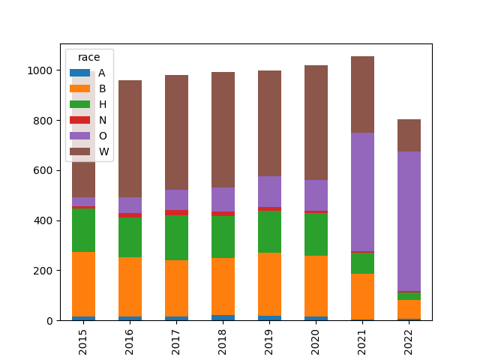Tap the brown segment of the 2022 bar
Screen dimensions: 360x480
[409, 135]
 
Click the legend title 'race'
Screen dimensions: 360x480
[88, 58]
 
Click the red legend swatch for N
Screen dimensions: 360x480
[79, 120]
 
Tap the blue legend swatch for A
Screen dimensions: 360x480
[79, 73]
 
